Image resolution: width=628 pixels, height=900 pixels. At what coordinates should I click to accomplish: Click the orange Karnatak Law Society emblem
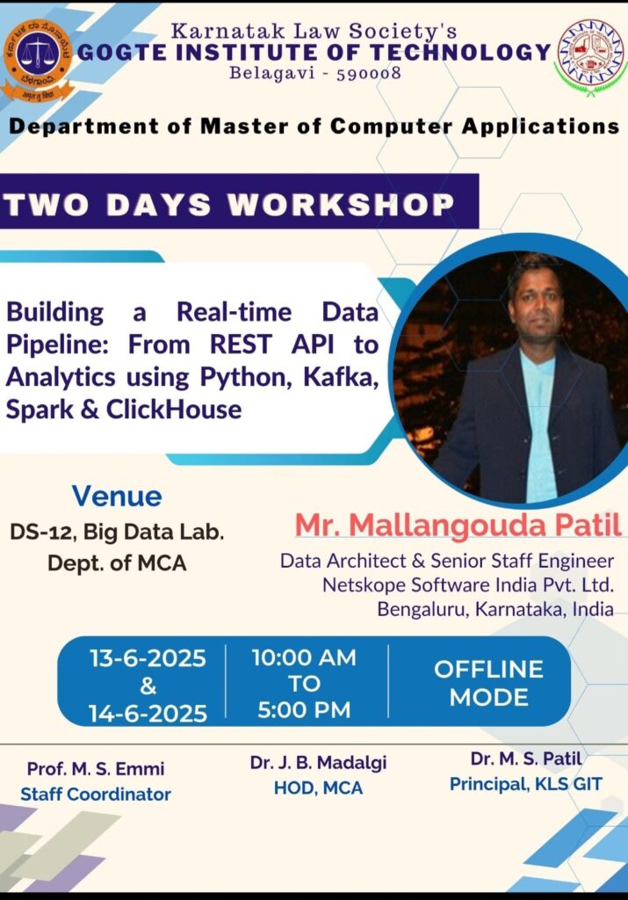pos(37,60)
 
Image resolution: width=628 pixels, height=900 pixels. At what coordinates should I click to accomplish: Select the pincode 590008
pos(368,74)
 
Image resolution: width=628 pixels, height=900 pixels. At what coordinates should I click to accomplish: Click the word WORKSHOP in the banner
pos(341,204)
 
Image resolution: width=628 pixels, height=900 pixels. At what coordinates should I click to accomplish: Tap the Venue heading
pos(117,496)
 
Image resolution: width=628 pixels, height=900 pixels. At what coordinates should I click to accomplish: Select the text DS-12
pos(42,532)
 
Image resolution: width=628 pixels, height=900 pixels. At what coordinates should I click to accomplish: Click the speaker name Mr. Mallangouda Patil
pos(458,524)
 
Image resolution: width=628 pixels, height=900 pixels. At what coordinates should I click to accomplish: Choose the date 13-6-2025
pos(148,657)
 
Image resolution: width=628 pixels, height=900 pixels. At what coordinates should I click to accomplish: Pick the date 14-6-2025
pos(148,713)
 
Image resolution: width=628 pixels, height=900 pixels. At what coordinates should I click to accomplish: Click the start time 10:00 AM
pos(304,657)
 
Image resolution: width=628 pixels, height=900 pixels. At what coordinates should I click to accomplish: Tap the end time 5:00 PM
pos(304,710)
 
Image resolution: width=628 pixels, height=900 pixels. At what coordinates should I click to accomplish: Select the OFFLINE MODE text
pos(488,683)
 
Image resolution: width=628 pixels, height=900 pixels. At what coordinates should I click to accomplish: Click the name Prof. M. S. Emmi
pos(96,768)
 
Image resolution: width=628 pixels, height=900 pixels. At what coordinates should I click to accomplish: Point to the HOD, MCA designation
pos(318,787)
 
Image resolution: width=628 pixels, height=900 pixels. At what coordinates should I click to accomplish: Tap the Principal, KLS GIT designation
pos(526,783)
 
